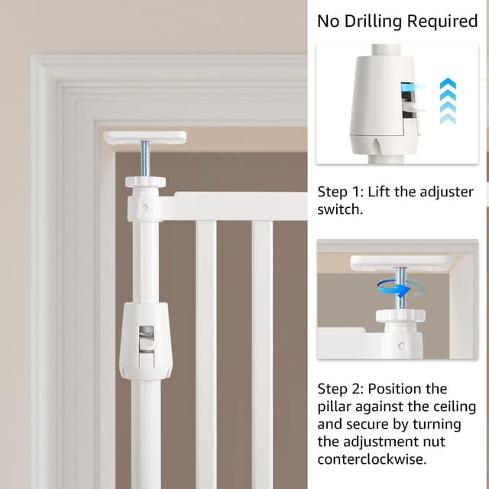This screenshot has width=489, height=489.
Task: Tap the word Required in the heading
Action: pyautogui.click(x=442, y=21)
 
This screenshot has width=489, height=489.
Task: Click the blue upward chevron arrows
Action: pyautogui.click(x=448, y=101)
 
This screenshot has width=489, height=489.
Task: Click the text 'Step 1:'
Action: pyautogui.click(x=340, y=192)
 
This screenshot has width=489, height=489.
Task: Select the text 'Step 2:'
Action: pyautogui.click(x=340, y=389)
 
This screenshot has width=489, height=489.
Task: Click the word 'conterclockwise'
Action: pyautogui.click(x=372, y=459)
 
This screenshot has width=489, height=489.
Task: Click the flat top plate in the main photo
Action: pyautogui.click(x=144, y=138)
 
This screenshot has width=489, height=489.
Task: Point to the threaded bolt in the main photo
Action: pyautogui.click(x=145, y=159)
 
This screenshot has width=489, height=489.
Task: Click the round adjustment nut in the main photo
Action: pyautogui.click(x=146, y=182)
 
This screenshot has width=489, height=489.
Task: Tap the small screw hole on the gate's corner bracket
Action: pyautogui.click(x=144, y=207)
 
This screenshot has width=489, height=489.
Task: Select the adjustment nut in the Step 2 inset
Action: pyautogui.click(x=400, y=316)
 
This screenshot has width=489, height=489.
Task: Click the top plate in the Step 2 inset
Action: pyautogui.click(x=401, y=263)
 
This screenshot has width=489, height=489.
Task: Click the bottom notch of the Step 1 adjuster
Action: pyautogui.click(x=377, y=146)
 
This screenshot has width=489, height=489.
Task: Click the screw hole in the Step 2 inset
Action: pyautogui.click(x=402, y=345)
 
